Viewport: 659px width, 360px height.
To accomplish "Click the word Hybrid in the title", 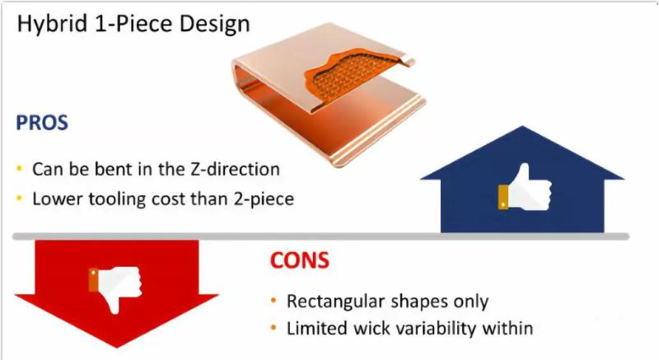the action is pos(52,25).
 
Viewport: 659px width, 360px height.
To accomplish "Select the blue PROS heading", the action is pos(42,123).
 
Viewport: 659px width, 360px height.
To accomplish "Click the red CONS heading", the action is pos(300,260).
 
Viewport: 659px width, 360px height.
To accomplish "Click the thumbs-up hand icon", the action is pos(525,187).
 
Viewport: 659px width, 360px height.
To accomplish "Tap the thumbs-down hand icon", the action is pos(115,289).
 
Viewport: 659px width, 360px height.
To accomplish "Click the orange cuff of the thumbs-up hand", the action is pos(503,197).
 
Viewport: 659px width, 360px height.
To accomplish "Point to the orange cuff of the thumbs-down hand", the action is pos(94,280).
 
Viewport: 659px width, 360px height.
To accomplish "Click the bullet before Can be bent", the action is pos(19,169).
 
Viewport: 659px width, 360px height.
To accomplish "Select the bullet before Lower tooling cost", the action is pos(19,199).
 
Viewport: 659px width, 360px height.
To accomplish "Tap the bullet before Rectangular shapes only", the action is pos(273,301).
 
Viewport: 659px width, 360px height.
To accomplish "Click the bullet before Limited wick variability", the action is pos(273,328).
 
